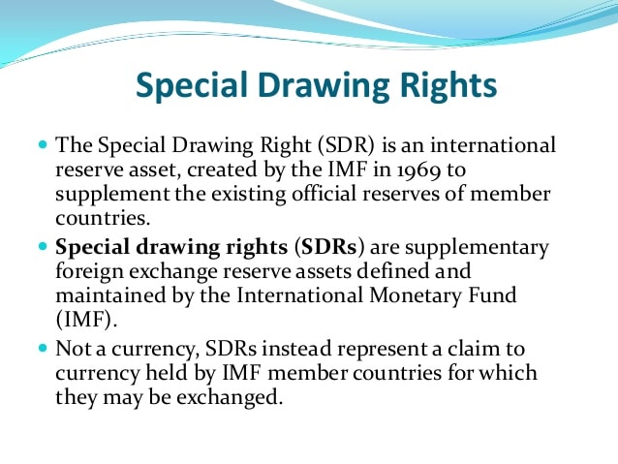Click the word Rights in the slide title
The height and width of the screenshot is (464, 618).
[440, 86]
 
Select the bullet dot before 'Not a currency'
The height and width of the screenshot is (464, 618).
[42, 348]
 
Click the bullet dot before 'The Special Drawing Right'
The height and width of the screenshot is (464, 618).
[42, 145]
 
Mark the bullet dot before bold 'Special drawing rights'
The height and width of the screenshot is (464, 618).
[42, 247]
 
